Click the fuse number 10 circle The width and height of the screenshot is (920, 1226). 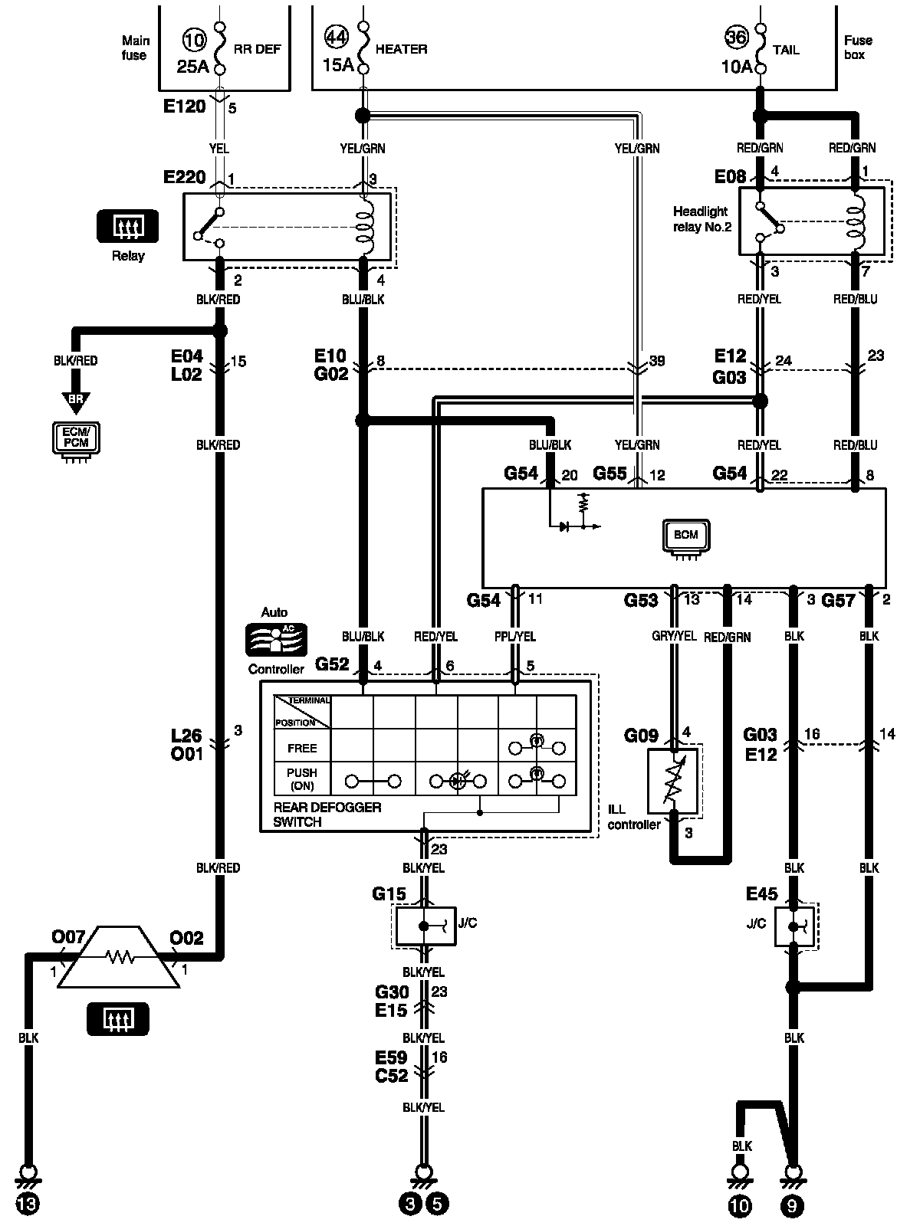click(x=194, y=40)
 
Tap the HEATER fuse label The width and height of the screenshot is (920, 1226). click(x=401, y=49)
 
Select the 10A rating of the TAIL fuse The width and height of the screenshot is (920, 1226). click(x=737, y=67)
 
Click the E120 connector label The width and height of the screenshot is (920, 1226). click(x=184, y=106)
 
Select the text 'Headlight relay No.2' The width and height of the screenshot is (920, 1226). click(x=701, y=219)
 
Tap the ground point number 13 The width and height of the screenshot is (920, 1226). click(x=28, y=1204)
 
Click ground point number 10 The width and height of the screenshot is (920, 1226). click(x=740, y=1205)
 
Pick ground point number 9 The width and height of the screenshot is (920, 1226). click(x=792, y=1205)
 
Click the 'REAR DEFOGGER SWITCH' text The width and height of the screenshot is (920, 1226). click(x=327, y=815)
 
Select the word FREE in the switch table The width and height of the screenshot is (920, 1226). click(x=302, y=748)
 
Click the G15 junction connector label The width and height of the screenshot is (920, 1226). click(x=389, y=894)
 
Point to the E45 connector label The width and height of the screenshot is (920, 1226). click(x=761, y=894)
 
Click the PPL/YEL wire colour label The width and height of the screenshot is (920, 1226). click(x=515, y=636)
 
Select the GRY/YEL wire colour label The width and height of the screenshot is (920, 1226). click(x=674, y=636)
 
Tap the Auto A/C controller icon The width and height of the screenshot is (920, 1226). click(x=276, y=639)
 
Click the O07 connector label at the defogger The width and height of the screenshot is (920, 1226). click(x=68, y=936)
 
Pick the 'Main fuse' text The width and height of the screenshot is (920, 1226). click(x=135, y=48)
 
